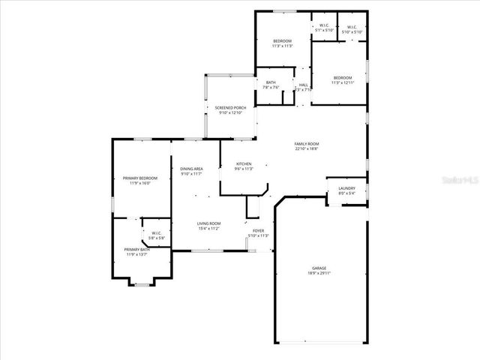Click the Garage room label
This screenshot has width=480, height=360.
coord(319,268)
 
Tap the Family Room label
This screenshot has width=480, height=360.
coord(307,143)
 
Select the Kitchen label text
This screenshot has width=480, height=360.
coord(244,163)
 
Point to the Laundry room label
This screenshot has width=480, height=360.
coord(346,188)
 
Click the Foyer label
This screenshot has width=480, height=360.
coord(258,231)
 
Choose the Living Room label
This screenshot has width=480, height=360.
coord(208,223)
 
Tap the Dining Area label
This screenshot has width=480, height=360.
coord(191,169)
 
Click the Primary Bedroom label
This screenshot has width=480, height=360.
coord(136,178)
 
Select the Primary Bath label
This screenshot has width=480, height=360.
coord(136,250)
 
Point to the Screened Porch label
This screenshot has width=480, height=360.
coord(231,108)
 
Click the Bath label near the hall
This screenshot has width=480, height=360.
coord(271,82)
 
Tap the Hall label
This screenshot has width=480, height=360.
coord(304,85)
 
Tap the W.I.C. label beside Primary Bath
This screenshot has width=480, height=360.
coord(157,233)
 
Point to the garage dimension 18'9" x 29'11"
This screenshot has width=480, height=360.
coord(319,272)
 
